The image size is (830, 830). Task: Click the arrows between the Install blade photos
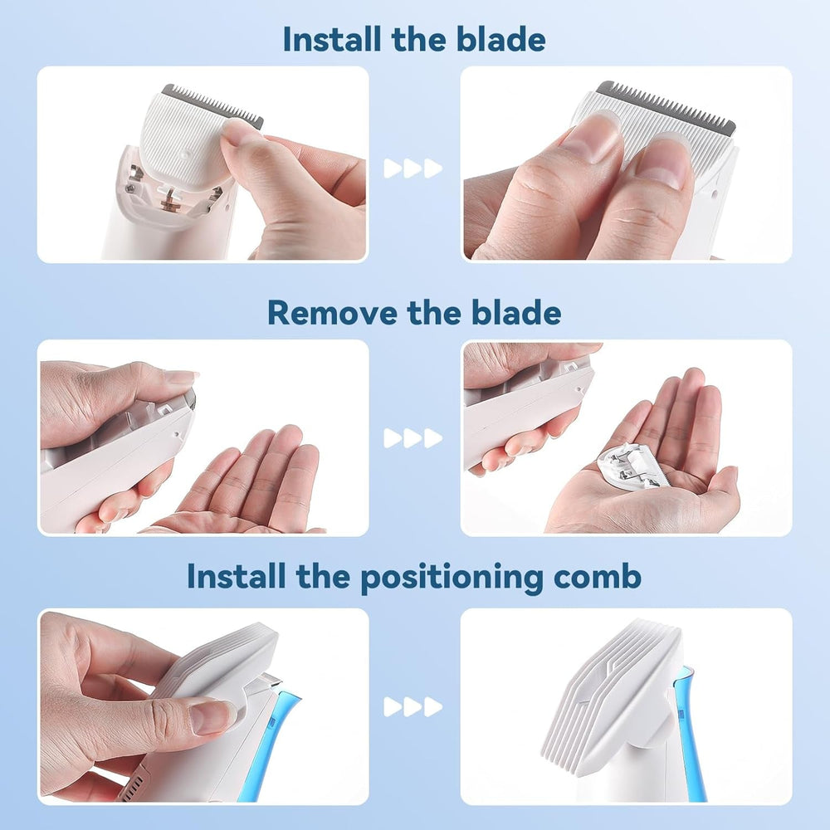[413, 168]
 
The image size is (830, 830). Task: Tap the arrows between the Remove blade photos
[413, 438]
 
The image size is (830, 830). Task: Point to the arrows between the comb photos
[413, 707]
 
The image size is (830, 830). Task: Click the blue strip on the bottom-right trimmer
[691, 730]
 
